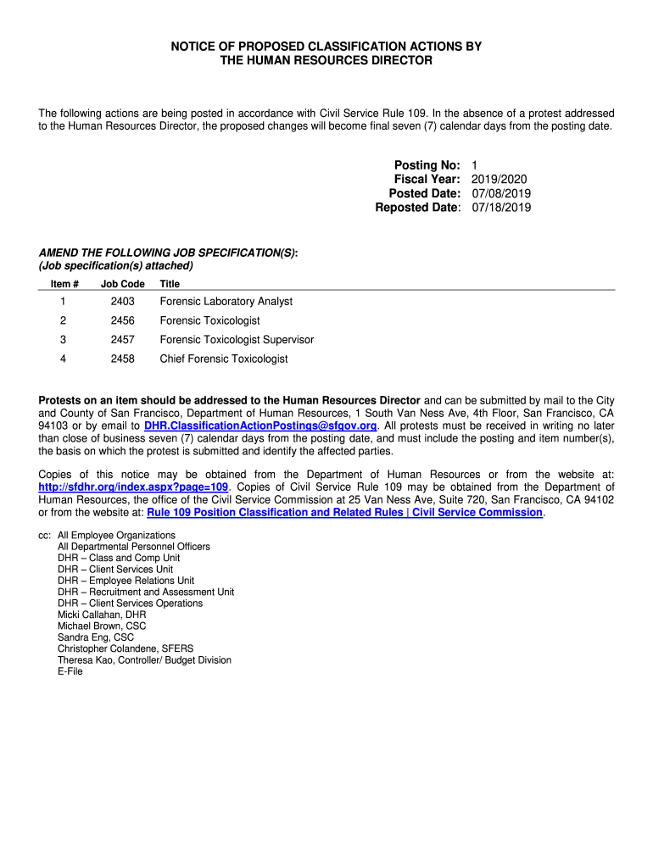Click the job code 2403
coord(122,302)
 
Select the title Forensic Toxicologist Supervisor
coord(237,340)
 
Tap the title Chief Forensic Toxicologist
coord(224,359)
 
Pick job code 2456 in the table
coord(122,321)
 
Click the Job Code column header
coord(122,284)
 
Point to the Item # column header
coord(64,284)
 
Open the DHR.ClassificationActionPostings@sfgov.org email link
coord(260,426)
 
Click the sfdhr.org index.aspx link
coord(134,488)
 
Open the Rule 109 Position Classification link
coord(344,513)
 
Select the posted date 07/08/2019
coord(501,193)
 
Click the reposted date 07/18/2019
coord(501,208)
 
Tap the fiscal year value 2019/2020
coord(500,179)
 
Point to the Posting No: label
coord(427,164)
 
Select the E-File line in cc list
coord(70,671)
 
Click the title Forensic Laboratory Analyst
coord(226,302)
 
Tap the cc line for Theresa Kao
coord(144,660)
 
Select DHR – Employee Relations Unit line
coord(126,581)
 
